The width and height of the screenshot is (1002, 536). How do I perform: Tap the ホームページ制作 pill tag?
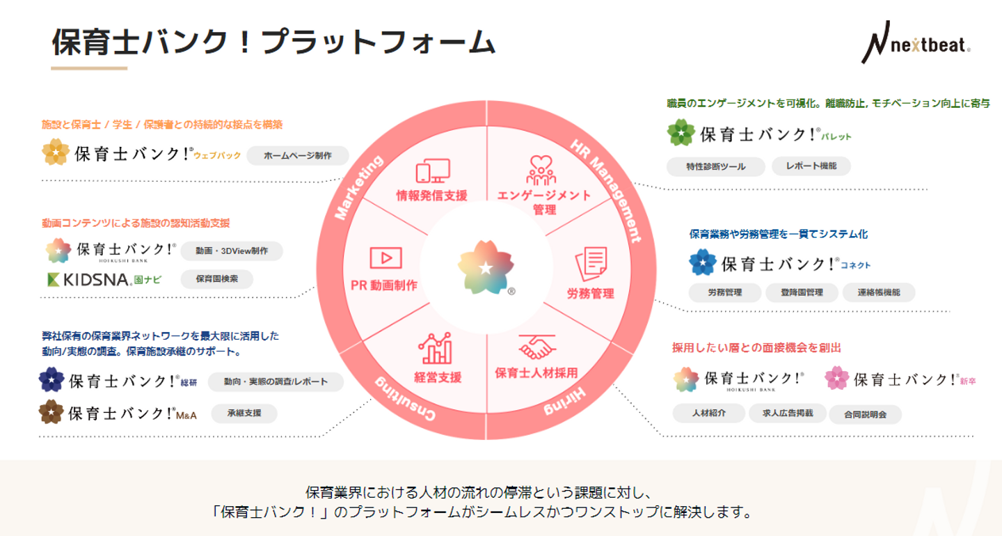pyautogui.click(x=297, y=156)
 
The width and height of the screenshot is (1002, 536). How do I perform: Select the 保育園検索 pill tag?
pyautogui.click(x=216, y=279)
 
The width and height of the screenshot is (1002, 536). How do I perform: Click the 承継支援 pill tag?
pyautogui.click(x=244, y=413)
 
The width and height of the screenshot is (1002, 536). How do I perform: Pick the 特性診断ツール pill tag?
pyautogui.click(x=715, y=167)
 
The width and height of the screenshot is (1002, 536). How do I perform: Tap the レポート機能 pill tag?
pyautogui.click(x=811, y=166)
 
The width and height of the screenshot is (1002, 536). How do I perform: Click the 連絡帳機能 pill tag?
pyautogui.click(x=879, y=293)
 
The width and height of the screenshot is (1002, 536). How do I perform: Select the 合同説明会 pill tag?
pyautogui.click(x=865, y=414)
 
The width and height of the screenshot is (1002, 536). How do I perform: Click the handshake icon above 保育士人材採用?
pyautogui.click(x=536, y=346)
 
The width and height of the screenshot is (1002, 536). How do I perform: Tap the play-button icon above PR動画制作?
pyautogui.click(x=385, y=258)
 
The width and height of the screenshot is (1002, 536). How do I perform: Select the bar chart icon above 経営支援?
pyautogui.click(x=436, y=348)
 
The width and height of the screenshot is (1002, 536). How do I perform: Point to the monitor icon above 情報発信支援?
pyautogui.click(x=432, y=171)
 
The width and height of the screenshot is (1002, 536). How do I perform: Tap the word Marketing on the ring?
pyautogui.click(x=359, y=187)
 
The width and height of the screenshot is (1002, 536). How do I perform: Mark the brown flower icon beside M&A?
pyautogui.click(x=51, y=412)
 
